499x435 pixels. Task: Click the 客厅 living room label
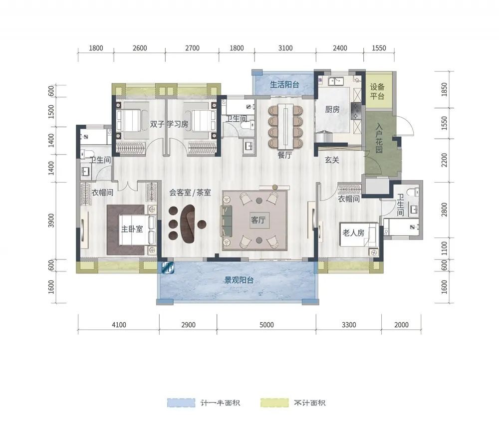click(258, 220)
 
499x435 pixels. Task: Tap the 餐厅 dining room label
click(284, 155)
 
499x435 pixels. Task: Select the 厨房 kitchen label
click(332, 109)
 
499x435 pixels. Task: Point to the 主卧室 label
click(132, 229)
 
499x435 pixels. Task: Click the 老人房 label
click(353, 233)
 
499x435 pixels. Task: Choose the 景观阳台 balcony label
click(240, 280)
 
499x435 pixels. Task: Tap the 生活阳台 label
click(284, 84)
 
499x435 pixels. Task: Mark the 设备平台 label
click(377, 91)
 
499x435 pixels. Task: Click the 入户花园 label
click(379, 138)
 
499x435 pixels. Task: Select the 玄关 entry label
click(332, 160)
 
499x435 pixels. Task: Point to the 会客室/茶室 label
click(190, 193)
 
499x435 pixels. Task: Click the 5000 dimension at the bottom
click(266, 325)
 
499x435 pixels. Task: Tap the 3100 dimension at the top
click(285, 48)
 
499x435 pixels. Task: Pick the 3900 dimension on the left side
click(51, 220)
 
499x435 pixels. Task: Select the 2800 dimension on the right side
click(444, 210)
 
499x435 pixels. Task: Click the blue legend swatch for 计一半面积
click(181, 403)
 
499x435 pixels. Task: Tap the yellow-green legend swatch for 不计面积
click(274, 403)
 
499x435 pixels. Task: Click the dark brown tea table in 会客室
click(188, 223)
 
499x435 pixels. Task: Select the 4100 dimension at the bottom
click(119, 325)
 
